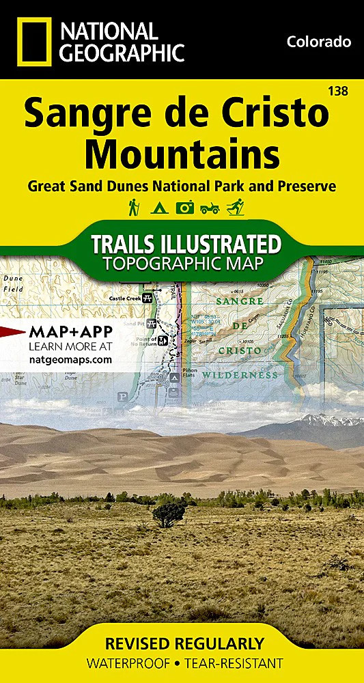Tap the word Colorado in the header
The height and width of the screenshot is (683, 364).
coord(319,42)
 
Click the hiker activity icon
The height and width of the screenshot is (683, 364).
coord(134,207)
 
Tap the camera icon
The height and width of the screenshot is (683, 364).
coord(184,208)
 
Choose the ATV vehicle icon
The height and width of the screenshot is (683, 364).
coord(210,208)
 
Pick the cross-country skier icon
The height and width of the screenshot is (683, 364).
coord(235,208)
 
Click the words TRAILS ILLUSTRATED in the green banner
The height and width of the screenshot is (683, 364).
coord(186,244)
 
